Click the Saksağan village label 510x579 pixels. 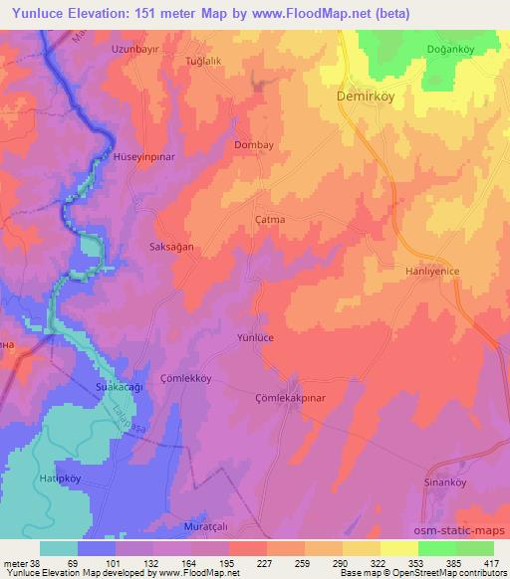[x=170, y=246]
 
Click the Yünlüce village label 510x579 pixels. [x=255, y=338]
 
